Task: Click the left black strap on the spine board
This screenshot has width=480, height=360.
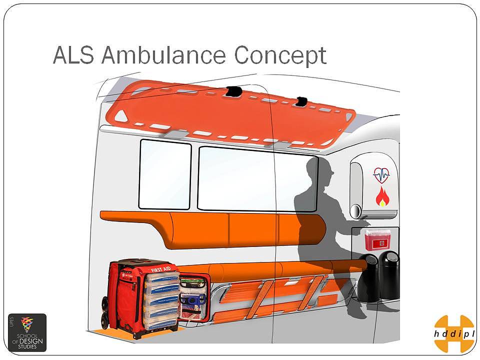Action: [233, 91]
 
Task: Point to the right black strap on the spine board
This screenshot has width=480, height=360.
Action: [301, 101]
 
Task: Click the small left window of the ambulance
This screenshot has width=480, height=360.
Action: [165, 174]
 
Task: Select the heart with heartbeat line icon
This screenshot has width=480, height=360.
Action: [381, 175]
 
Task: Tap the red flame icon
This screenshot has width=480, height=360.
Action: [382, 196]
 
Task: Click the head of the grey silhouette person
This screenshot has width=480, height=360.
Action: [321, 169]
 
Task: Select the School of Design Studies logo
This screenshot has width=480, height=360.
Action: [27, 332]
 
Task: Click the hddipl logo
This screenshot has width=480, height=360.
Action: [453, 333]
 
